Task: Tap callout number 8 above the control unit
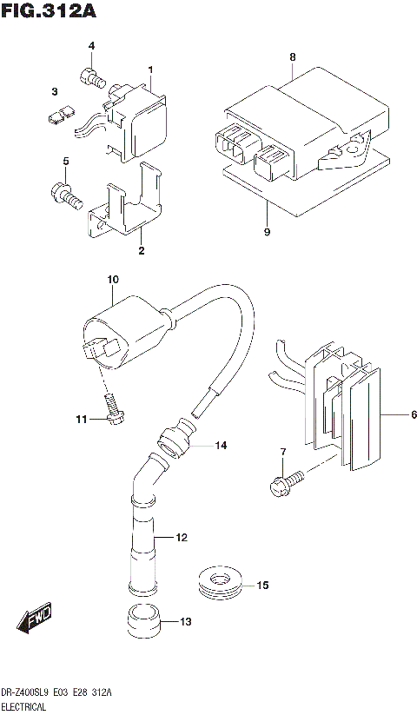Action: [293, 57]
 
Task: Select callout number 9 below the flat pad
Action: [268, 232]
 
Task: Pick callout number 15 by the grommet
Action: [263, 586]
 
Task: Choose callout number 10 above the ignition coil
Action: [112, 280]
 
